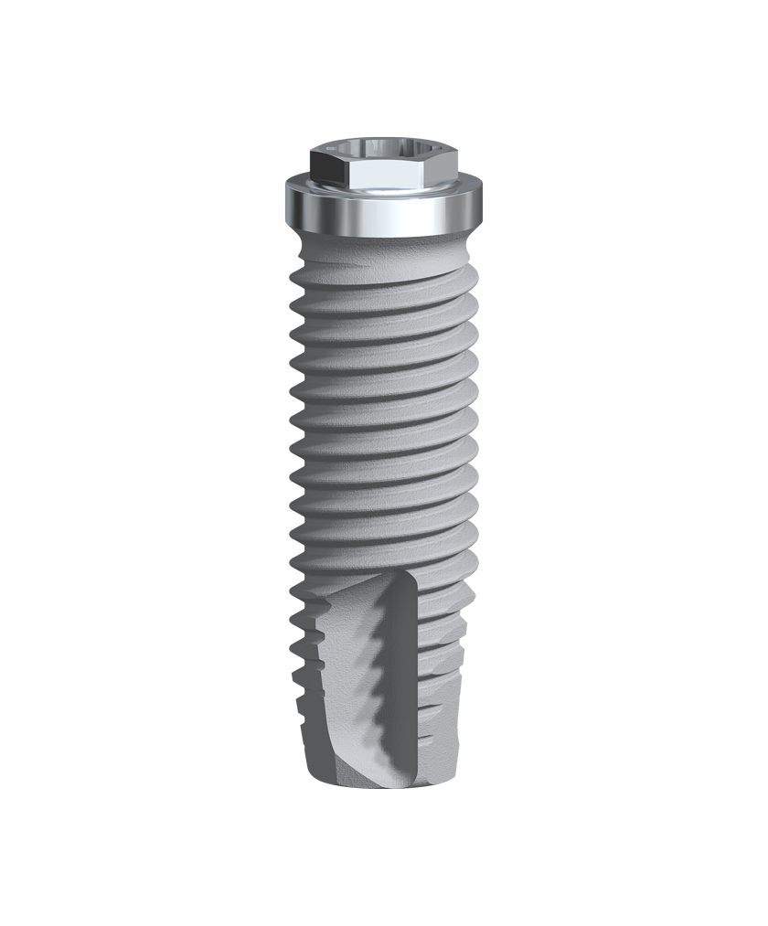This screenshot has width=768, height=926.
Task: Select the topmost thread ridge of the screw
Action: click(384, 274)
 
